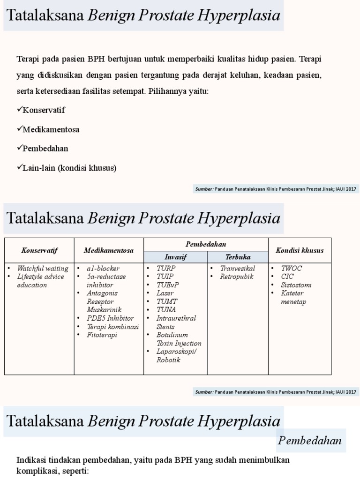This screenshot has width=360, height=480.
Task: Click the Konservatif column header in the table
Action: click(x=39, y=250)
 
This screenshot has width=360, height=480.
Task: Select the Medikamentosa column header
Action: click(x=109, y=250)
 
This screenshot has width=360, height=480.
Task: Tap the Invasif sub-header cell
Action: click(x=175, y=257)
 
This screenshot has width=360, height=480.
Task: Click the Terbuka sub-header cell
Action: click(x=238, y=257)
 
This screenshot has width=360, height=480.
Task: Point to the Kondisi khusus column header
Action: click(x=300, y=250)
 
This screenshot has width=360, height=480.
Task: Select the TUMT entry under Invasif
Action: click(x=167, y=301)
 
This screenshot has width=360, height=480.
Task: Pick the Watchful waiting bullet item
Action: click(x=43, y=269)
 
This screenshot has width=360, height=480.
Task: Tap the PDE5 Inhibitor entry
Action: click(x=110, y=318)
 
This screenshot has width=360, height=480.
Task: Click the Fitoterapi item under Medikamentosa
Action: click(x=102, y=335)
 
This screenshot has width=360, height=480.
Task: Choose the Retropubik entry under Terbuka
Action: click(x=237, y=277)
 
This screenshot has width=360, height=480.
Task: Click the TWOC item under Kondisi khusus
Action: click(x=291, y=269)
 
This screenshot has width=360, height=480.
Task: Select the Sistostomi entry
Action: click(x=296, y=285)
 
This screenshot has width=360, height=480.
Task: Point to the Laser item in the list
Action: click(x=165, y=293)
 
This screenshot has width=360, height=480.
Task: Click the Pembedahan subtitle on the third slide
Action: click(x=310, y=441)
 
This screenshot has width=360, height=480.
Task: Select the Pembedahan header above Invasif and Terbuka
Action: click(x=206, y=244)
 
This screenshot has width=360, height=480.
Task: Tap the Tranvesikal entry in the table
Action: click(x=238, y=269)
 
